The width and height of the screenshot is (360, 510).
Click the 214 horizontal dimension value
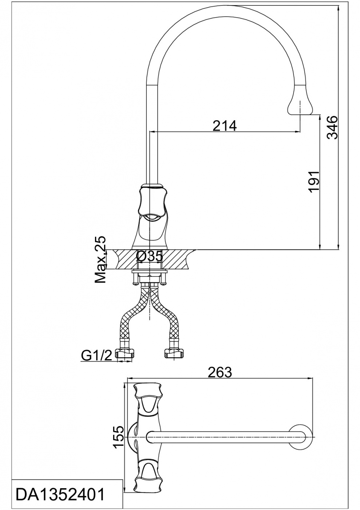tap(224, 126)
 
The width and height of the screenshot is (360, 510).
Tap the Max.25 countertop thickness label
tap(100, 259)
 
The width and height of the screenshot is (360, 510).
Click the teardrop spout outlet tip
tap(301, 106)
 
